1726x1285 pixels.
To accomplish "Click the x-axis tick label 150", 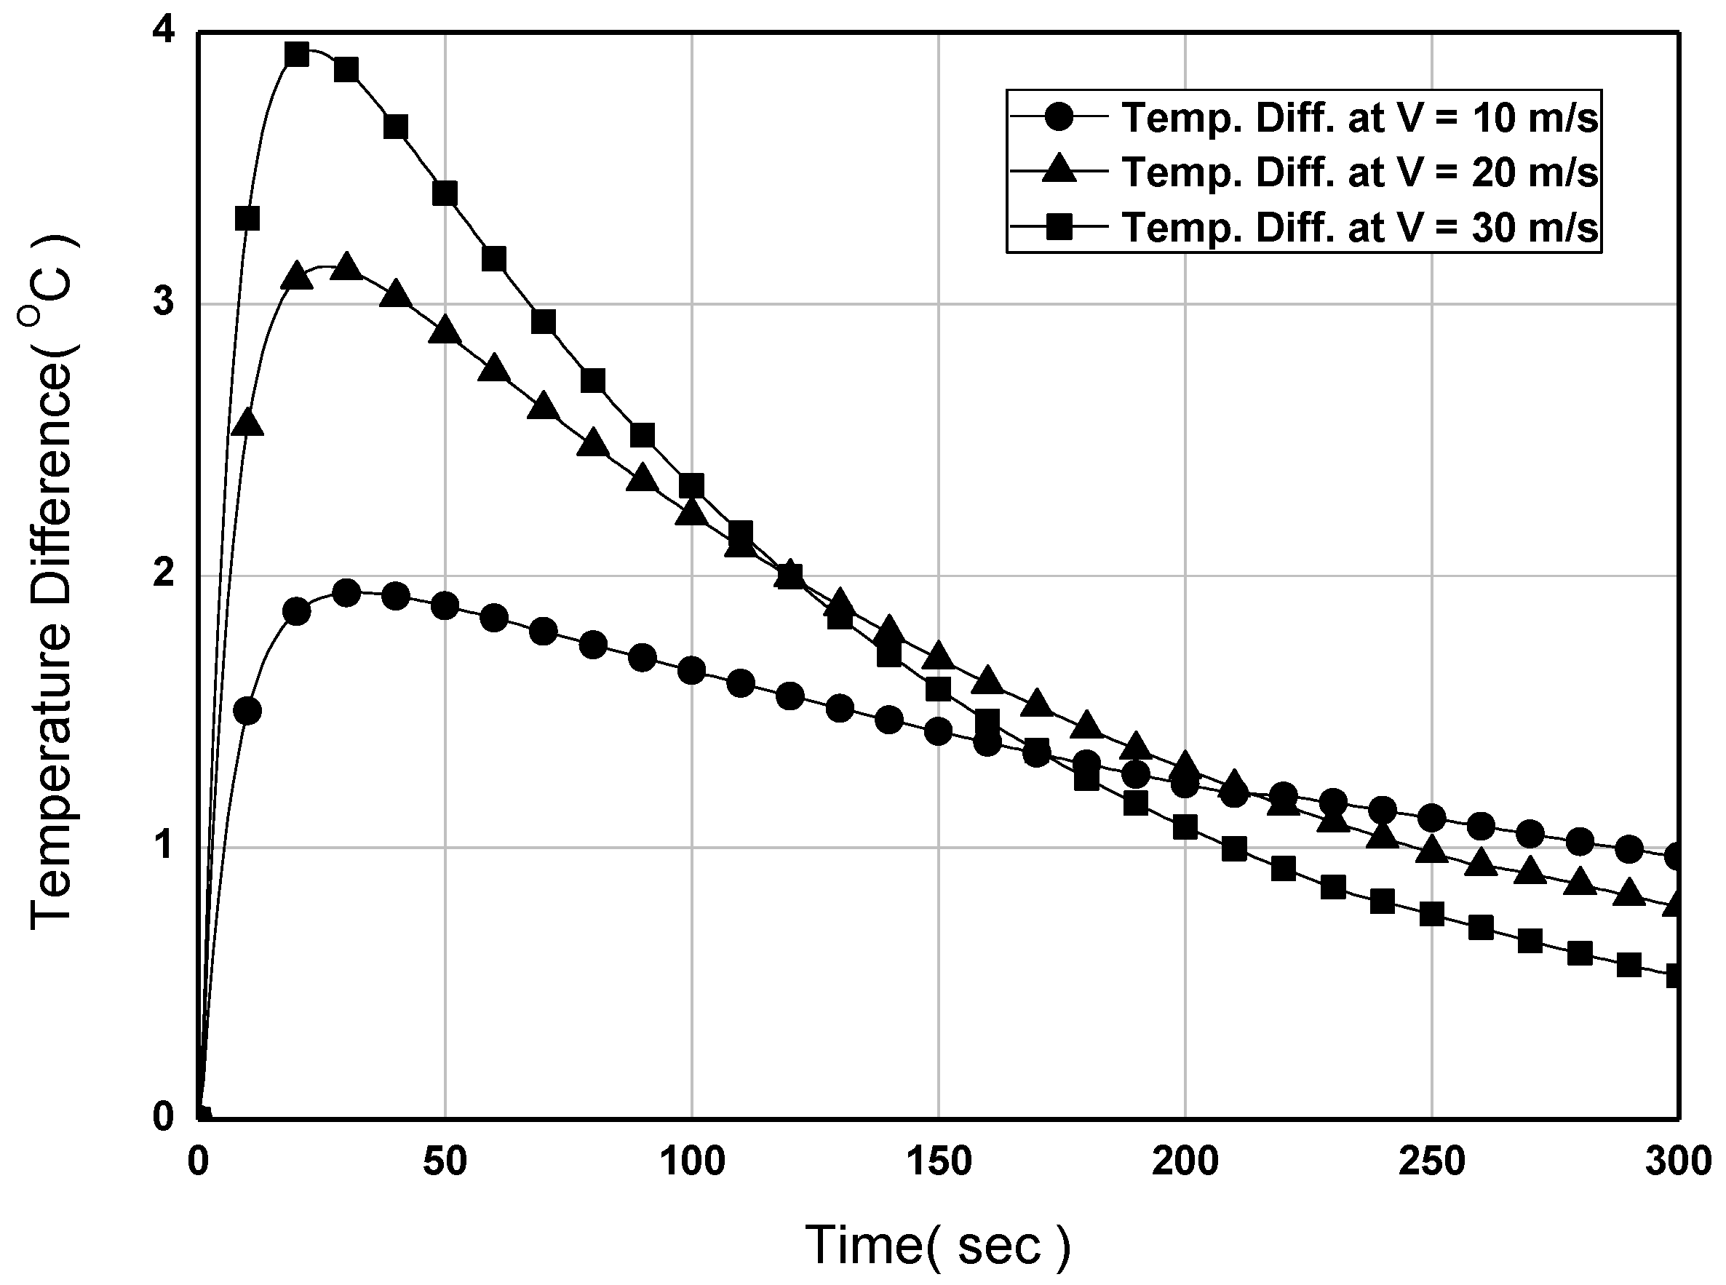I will point(939,1162).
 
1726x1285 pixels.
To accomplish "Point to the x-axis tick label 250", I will point(1432,1162).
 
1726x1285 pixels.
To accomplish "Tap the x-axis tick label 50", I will point(445,1162).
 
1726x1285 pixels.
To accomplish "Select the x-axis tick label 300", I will point(1679,1162).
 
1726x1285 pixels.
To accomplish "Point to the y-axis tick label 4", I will point(163,33).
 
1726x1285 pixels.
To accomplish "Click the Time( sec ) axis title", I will point(938,1245).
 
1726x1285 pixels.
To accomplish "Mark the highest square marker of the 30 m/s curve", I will point(297,55).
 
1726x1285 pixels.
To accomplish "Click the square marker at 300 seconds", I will point(1677,976).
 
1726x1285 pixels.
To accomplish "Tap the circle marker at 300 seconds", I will point(1677,856).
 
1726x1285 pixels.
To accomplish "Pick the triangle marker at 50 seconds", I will point(445,330).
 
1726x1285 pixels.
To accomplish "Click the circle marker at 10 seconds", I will point(247,710).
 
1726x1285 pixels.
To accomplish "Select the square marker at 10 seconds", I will point(247,218).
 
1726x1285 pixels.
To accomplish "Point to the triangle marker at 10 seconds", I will point(247,422).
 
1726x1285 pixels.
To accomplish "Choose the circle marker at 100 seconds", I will point(691,670).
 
